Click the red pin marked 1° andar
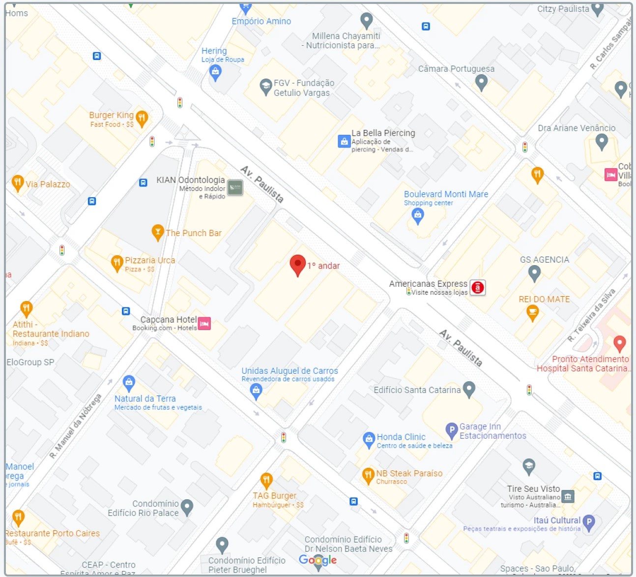tap(297, 265)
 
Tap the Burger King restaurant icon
tap(142, 118)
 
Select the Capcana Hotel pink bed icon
tap(204, 324)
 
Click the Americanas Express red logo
tap(478, 288)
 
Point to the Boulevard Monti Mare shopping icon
tap(418, 215)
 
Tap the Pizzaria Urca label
tap(150, 260)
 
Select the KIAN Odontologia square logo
tap(235, 187)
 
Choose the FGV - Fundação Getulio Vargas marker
tap(266, 87)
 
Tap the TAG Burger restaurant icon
tap(266, 480)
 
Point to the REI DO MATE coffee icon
tap(532, 312)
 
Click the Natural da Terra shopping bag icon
tap(129, 382)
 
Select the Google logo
tap(318, 560)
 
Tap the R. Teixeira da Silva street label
tap(591, 315)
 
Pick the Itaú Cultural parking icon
tap(588, 521)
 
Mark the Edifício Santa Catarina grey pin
tap(469, 389)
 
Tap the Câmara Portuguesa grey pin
tap(481, 82)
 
